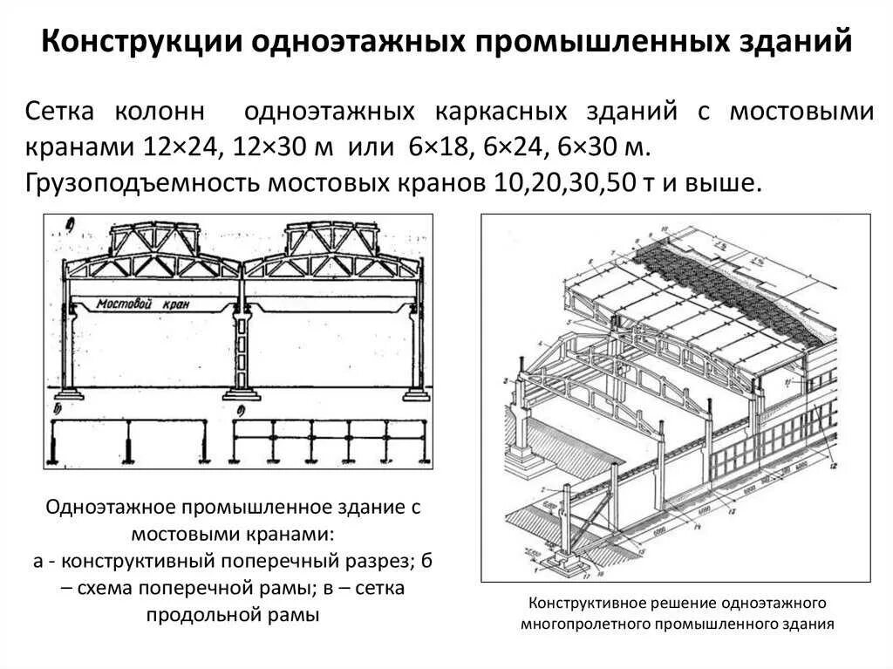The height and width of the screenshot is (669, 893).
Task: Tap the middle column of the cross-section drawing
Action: coord(242,349)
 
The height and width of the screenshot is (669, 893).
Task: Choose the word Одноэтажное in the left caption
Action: coord(119,509)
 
